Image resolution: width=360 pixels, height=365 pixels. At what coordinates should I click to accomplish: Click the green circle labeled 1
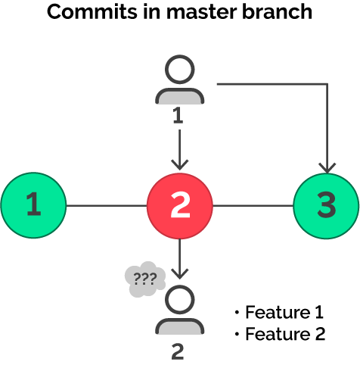click(33, 204)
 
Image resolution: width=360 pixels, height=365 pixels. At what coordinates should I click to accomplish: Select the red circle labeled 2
click(179, 204)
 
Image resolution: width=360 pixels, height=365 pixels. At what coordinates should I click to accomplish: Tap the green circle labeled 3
click(326, 204)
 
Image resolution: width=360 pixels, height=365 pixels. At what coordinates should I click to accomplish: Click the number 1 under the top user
click(179, 116)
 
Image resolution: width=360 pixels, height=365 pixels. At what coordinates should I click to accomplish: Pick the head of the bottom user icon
click(179, 301)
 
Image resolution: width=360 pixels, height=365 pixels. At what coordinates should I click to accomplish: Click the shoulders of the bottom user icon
click(179, 326)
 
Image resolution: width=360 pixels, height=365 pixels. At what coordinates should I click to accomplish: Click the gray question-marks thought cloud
click(144, 279)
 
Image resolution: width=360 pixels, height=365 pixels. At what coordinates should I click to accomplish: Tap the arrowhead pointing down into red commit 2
click(179, 164)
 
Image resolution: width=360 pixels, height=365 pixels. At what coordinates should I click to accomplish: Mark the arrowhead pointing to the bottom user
click(179, 273)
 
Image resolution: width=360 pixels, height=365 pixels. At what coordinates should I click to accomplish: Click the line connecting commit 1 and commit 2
click(105, 204)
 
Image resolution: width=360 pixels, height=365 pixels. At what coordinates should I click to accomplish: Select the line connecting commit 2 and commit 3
click(253, 204)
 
